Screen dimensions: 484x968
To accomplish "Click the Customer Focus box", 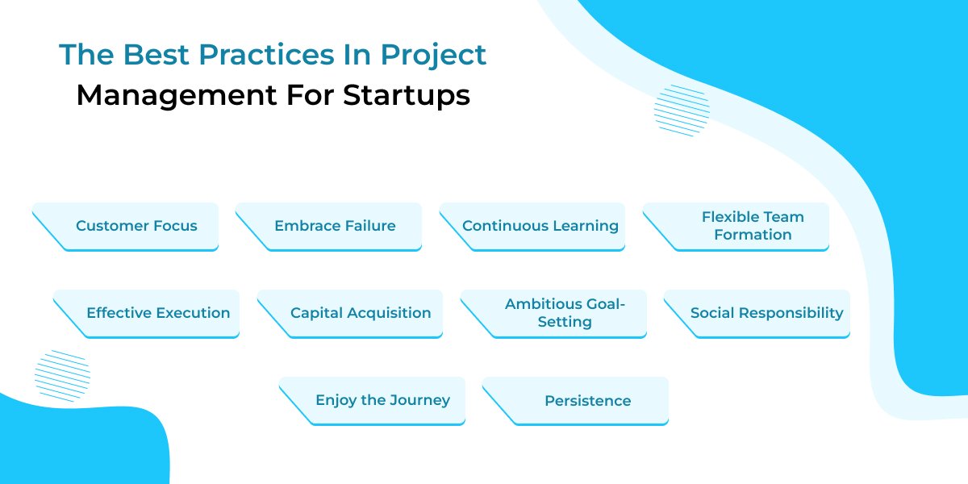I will click(x=136, y=226).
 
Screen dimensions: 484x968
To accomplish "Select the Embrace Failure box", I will click(x=335, y=226).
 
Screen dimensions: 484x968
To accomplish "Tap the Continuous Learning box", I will click(x=540, y=226).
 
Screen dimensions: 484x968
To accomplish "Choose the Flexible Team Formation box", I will click(x=752, y=226).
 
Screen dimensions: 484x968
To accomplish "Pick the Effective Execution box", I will click(x=157, y=313).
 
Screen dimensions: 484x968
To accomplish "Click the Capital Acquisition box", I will click(x=360, y=313).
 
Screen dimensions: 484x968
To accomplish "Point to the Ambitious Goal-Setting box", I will click(x=565, y=313).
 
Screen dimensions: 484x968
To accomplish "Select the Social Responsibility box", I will click(x=766, y=313).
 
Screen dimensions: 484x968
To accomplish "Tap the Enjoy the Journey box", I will click(x=382, y=400).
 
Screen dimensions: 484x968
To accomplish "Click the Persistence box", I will click(x=587, y=400).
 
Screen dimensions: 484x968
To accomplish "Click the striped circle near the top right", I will click(x=682, y=110).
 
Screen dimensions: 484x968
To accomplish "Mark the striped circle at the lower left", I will click(x=62, y=375).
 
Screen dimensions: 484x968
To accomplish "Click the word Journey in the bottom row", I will click(x=419, y=400).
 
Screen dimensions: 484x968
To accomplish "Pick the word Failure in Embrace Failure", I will click(x=367, y=226).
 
